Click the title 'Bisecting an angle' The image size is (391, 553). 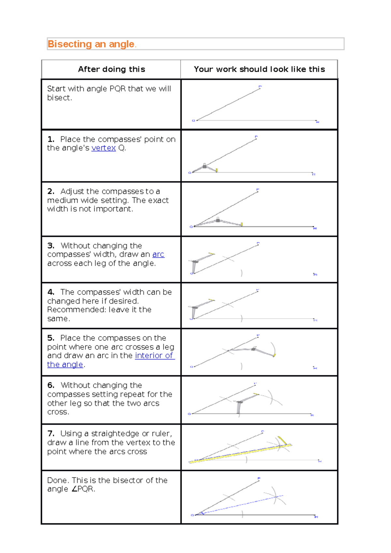(91, 44)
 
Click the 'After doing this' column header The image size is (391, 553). (111, 69)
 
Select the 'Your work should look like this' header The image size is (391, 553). (259, 69)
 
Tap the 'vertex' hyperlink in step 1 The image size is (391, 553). (103, 148)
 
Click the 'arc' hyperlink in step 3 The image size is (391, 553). (158, 254)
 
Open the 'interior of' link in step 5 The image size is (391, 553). (154, 356)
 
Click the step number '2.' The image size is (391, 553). (51, 191)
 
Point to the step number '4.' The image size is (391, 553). (51, 292)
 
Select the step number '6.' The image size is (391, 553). (51, 385)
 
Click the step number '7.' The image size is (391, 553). (51, 433)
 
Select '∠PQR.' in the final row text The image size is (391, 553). (83, 489)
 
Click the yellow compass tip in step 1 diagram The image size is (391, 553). (217, 170)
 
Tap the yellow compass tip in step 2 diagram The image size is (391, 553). (242, 224)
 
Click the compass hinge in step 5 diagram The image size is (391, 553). (253, 349)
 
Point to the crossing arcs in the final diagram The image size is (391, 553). (276, 497)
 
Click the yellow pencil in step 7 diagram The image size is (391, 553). (282, 441)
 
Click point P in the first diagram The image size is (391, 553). (260, 87)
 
